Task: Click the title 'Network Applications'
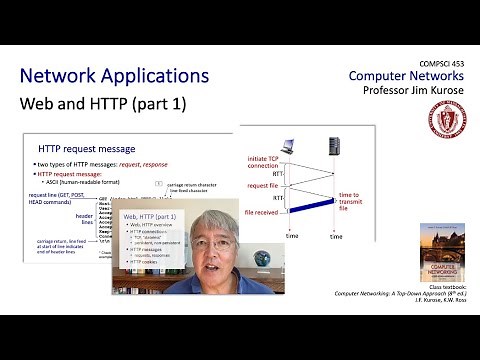click(115, 77)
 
